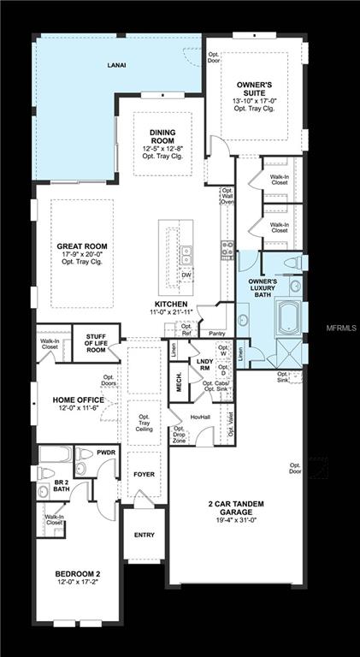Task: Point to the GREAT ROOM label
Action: pyautogui.click(x=81, y=246)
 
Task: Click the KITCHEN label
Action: pyautogui.click(x=170, y=304)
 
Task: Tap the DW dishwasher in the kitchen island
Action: pyautogui.click(x=186, y=275)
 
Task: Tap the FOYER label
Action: pyautogui.click(x=142, y=472)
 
